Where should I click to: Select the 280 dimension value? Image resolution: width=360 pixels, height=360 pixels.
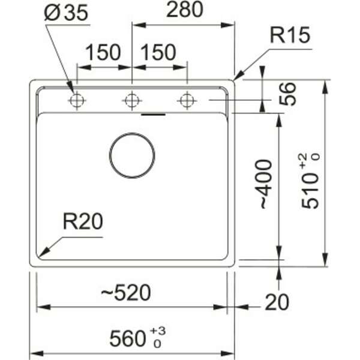click(x=184, y=10)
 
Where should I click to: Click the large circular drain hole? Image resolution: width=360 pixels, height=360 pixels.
click(x=132, y=155)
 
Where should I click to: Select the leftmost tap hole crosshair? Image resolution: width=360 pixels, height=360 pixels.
click(x=76, y=100)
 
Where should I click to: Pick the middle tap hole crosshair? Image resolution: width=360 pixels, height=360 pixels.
click(x=131, y=100)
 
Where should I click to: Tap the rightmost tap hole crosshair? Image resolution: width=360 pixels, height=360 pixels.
click(x=187, y=100)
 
